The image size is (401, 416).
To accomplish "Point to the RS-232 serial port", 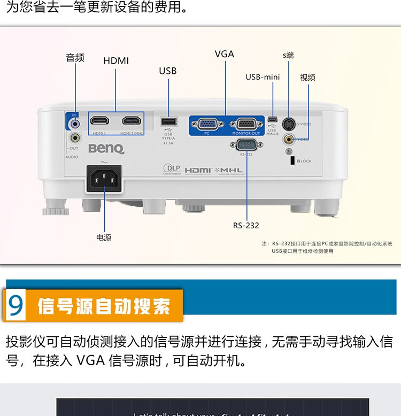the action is [x=246, y=144].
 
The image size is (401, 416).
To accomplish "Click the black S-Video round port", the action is [x=289, y=123].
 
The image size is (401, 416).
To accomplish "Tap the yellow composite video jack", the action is [x=289, y=140].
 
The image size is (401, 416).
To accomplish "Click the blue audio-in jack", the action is [x=75, y=123].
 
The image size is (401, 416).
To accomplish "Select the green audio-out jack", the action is [x=74, y=138].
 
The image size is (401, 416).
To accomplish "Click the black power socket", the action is [x=104, y=180].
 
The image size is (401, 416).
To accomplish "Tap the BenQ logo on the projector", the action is [x=106, y=148].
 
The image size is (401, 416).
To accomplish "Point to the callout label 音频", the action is [x=75, y=58].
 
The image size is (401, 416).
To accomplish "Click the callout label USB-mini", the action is [x=263, y=77].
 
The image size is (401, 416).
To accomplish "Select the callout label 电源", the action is [x=104, y=237].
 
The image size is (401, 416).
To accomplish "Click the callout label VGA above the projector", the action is [x=224, y=54].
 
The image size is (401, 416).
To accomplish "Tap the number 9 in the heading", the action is [x=17, y=305].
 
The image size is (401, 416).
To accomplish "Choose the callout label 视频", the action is [x=307, y=78].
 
